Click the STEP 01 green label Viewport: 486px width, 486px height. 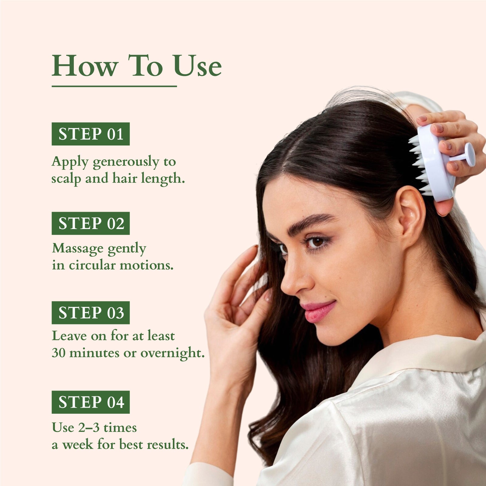point(91,134)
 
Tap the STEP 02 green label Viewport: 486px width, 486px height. point(91,223)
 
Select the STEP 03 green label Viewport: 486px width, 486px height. point(91,313)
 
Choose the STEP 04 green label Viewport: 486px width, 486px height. point(91,402)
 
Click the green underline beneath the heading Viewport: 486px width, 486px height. point(114,86)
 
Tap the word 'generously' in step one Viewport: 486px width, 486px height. point(126,162)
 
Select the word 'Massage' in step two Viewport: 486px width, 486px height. point(77,248)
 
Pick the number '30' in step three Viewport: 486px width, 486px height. point(58,353)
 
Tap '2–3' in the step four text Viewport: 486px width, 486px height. point(88,428)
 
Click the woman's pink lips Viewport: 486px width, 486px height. point(319,310)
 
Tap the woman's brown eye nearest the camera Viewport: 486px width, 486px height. point(317,242)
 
